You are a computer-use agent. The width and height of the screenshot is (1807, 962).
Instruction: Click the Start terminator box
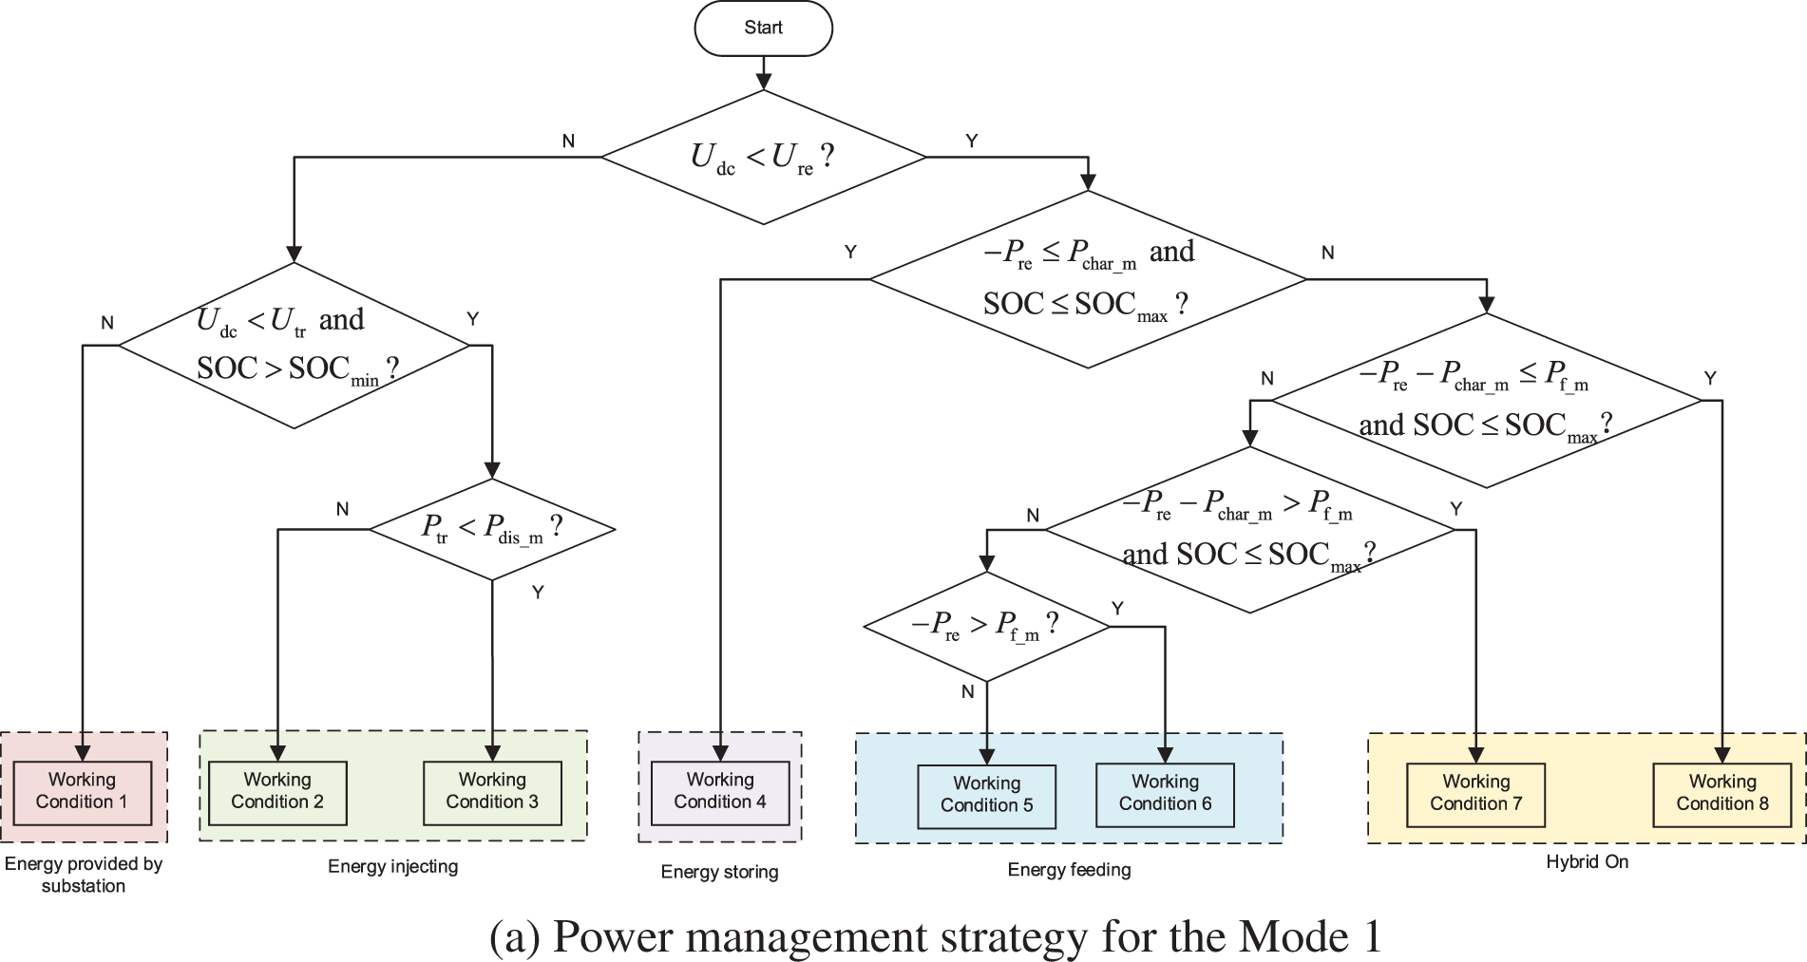pyautogui.click(x=763, y=28)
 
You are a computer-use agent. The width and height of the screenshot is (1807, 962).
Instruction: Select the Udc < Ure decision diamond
pyautogui.click(x=763, y=157)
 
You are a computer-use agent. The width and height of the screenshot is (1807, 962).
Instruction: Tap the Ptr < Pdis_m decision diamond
pyautogui.click(x=492, y=528)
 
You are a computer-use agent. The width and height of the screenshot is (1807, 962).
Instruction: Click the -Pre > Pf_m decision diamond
pyautogui.click(x=986, y=626)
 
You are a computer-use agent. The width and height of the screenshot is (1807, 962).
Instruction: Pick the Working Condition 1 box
pyautogui.click(x=83, y=791)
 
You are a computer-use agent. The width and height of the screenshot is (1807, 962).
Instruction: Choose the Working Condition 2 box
pyautogui.click(x=277, y=791)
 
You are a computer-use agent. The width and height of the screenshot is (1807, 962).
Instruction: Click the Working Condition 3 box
pyautogui.click(x=492, y=791)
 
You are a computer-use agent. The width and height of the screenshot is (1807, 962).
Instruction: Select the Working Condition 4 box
pyautogui.click(x=720, y=791)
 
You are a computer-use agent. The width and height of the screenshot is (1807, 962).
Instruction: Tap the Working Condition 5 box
pyautogui.click(x=986, y=795)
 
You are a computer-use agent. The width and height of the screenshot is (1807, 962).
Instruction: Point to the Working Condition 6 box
pyautogui.click(x=1165, y=793)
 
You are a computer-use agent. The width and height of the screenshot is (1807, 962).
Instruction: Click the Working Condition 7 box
pyautogui.click(x=1475, y=793)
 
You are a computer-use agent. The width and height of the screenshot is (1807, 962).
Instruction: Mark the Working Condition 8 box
pyautogui.click(x=1721, y=793)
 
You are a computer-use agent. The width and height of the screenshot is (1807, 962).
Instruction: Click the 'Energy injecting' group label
pyautogui.click(x=392, y=866)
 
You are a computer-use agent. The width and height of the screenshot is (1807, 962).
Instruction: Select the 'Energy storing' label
pyautogui.click(x=719, y=872)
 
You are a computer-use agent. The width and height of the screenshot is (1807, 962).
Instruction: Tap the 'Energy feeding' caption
pyautogui.click(x=1069, y=870)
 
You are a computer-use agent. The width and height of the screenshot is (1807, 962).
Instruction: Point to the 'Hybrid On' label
pyautogui.click(x=1587, y=862)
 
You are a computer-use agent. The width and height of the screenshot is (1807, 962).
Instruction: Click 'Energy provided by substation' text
pyautogui.click(x=84, y=875)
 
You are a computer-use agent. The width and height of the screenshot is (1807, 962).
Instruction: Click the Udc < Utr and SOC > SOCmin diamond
pyautogui.click(x=294, y=345)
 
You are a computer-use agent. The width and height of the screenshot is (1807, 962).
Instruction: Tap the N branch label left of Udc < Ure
pyautogui.click(x=568, y=141)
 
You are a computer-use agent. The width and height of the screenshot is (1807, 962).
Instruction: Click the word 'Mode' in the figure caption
pyautogui.click(x=1293, y=937)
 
